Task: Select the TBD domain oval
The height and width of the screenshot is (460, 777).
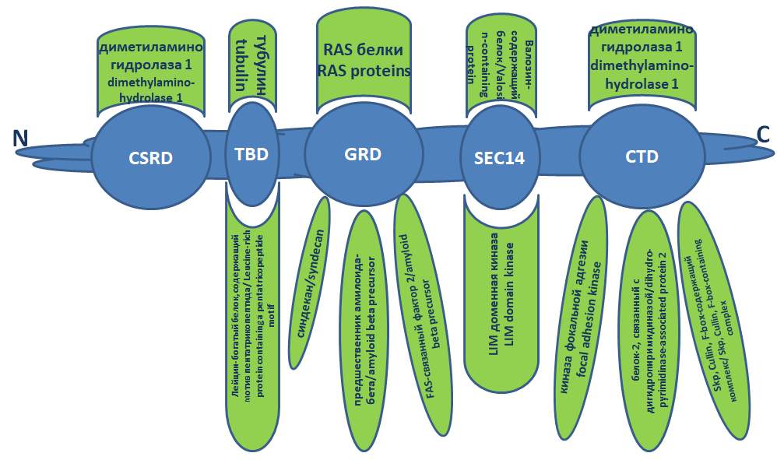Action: [x=251, y=153]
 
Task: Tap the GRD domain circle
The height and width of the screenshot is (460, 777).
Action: [x=362, y=154]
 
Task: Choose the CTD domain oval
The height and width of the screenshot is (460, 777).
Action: [x=642, y=156]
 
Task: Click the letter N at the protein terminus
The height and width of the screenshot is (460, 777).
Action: [x=20, y=138]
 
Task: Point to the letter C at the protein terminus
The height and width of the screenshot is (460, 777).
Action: [x=763, y=134]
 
